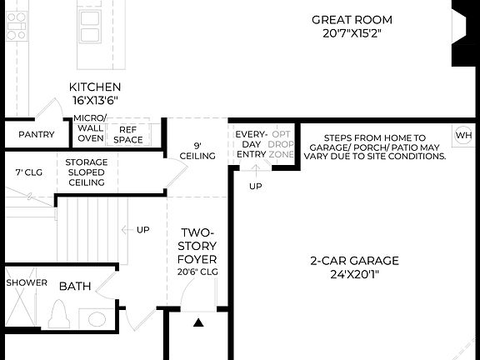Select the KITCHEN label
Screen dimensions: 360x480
(94, 87)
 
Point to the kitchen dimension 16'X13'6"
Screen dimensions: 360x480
(94, 100)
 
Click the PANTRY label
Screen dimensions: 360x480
(36, 135)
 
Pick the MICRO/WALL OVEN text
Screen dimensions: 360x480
(90, 129)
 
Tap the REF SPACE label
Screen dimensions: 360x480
(127, 135)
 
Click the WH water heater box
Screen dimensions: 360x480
(462, 135)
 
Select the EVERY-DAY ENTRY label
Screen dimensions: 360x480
(250, 144)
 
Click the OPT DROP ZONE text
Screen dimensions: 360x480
(282, 144)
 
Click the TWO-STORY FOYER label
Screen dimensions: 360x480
(197, 246)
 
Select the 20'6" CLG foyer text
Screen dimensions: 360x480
(197, 272)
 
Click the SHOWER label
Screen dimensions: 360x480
(27, 283)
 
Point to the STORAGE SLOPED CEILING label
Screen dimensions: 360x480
(86, 172)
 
